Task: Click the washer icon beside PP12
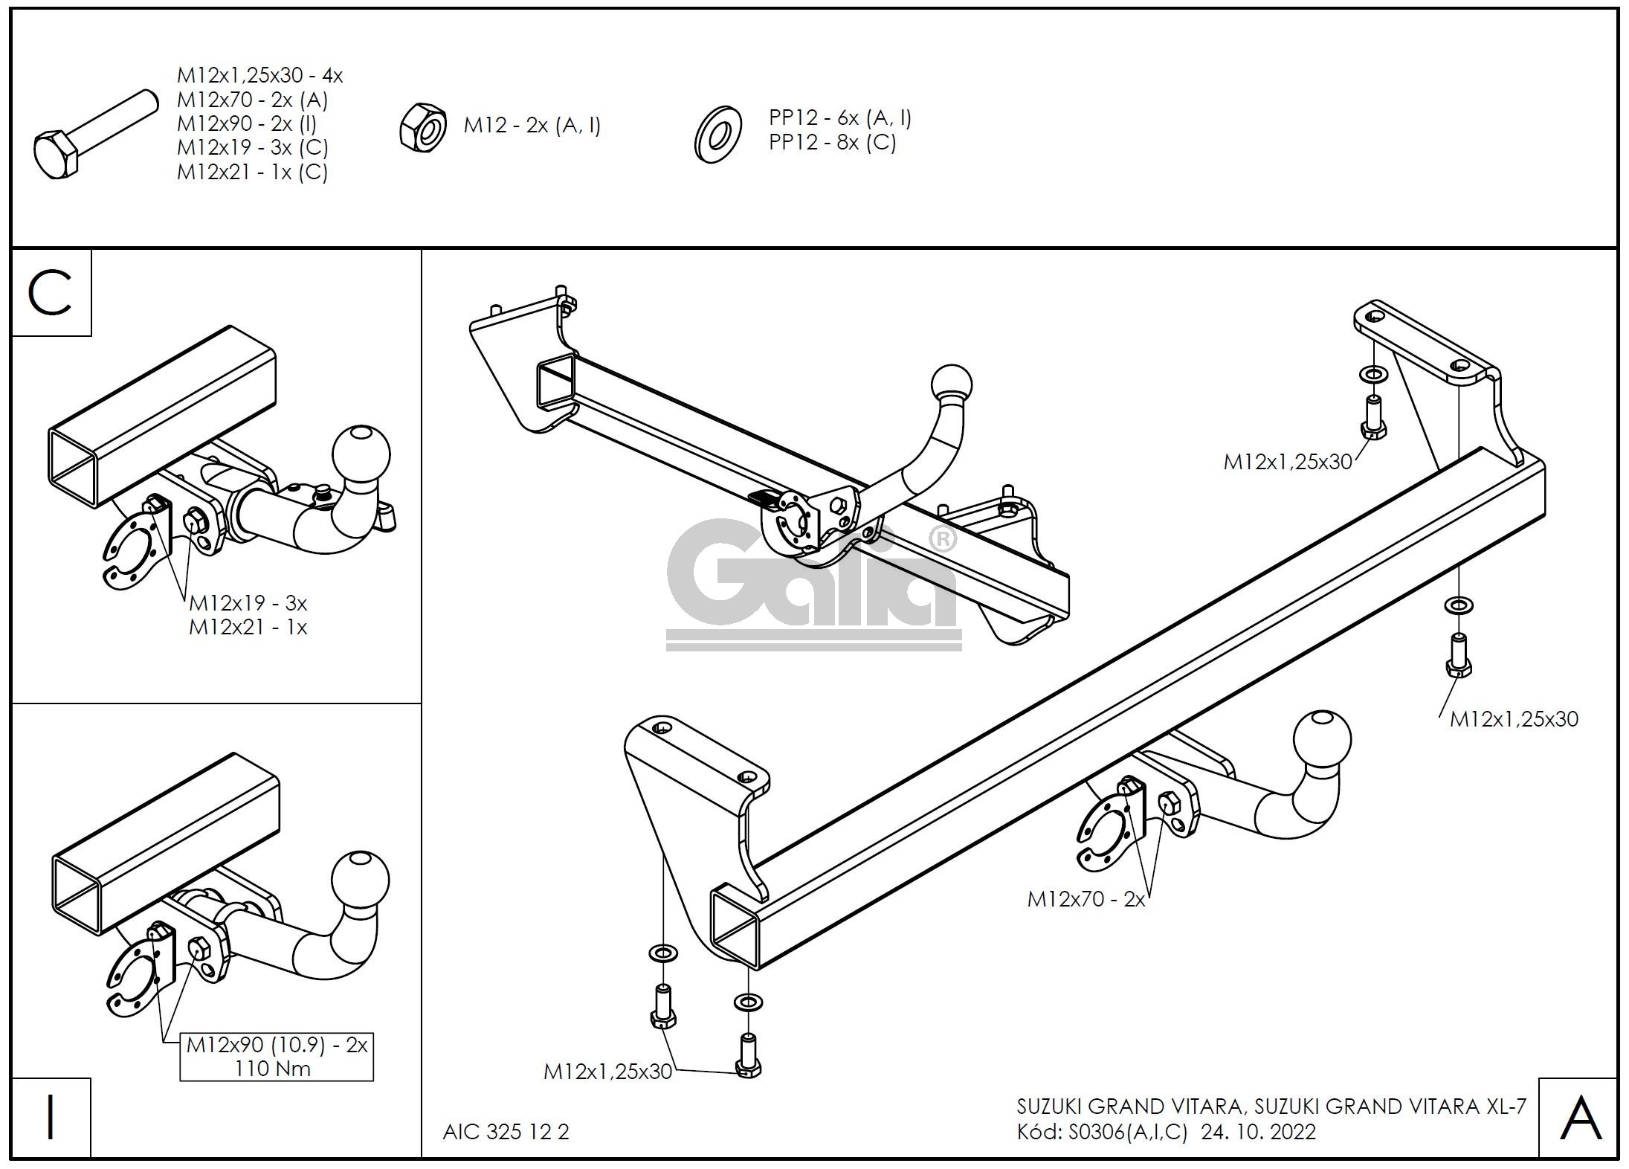[717, 134]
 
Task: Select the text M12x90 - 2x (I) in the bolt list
[247, 123]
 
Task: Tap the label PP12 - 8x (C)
[832, 142]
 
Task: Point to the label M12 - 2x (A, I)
[532, 126]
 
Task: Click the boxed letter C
[51, 293]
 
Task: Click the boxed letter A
[1580, 1118]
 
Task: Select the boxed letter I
[51, 1118]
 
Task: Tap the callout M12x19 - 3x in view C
[248, 602]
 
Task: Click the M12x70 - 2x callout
[1086, 900]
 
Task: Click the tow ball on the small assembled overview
[951, 384]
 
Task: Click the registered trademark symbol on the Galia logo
[942, 539]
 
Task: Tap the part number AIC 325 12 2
[506, 1132]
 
